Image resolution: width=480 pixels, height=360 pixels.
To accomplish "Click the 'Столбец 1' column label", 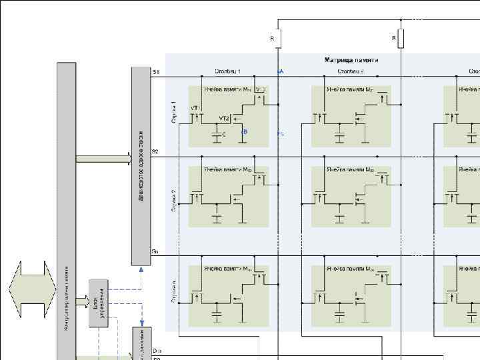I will (x=227, y=71).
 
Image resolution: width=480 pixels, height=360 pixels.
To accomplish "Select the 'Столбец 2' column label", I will (x=350, y=71).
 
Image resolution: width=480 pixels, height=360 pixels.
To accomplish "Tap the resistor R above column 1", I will (x=278, y=39).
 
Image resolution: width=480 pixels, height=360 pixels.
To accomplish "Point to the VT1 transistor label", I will (x=196, y=107).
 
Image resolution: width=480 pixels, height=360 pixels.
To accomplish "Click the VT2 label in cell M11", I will (x=224, y=118).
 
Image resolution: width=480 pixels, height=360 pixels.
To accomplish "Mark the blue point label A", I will (x=281, y=71).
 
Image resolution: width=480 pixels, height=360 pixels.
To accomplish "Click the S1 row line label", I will (x=155, y=71).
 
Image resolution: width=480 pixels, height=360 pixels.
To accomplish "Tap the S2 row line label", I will (x=155, y=152).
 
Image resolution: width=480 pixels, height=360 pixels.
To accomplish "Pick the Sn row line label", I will (x=155, y=251).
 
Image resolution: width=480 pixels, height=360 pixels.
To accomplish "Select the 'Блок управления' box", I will (x=98, y=303).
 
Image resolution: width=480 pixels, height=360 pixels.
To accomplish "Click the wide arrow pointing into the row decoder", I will (x=104, y=159).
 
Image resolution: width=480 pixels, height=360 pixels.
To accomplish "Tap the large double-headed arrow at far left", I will (x=31, y=291).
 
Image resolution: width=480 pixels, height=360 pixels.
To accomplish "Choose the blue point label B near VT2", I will (x=245, y=132).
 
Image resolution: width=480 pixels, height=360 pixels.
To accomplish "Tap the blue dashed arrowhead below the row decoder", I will (x=141, y=269).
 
